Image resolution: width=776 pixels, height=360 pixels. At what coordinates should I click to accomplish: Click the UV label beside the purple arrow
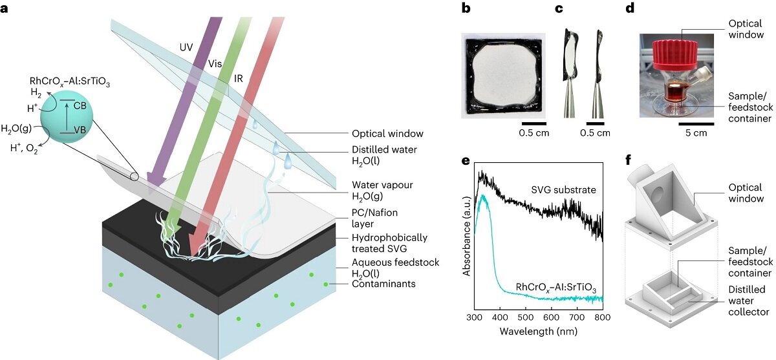[x=186, y=47]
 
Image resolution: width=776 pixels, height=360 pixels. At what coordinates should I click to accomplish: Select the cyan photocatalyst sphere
[x=67, y=116]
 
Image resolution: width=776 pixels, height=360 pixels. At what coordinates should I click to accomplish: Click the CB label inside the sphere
[x=80, y=105]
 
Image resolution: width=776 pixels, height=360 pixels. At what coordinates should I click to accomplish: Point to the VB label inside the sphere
[x=80, y=130]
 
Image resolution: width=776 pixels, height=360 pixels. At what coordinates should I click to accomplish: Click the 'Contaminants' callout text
[x=383, y=284]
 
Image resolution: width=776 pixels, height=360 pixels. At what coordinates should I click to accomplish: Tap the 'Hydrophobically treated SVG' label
[x=389, y=243]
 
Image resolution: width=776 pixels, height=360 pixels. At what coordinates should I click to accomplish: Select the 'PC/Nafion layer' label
[x=374, y=218]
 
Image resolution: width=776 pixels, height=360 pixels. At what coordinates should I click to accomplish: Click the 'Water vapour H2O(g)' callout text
[x=382, y=191]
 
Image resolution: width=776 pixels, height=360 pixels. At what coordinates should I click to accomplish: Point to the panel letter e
[x=466, y=161]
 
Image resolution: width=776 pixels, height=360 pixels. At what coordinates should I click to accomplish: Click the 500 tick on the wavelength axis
[x=526, y=317]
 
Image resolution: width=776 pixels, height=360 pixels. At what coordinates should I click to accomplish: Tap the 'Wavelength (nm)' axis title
[x=538, y=332]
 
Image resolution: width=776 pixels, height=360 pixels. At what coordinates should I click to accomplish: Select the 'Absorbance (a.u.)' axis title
[x=467, y=236]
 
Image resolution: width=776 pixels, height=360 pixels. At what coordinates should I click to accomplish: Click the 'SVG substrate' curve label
[x=564, y=189]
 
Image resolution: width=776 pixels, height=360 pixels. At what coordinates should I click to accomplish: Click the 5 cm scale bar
[x=696, y=123]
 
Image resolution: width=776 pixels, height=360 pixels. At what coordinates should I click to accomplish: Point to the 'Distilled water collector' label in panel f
[x=748, y=301]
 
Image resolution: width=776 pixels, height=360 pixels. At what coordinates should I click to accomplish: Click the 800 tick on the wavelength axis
[x=603, y=317]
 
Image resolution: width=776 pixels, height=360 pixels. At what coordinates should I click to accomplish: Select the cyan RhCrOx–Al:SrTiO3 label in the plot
[x=555, y=288]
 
